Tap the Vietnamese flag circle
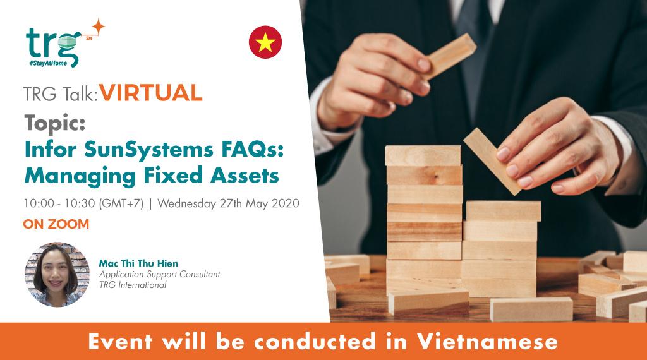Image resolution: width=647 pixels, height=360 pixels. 265,42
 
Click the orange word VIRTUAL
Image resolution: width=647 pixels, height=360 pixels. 151,93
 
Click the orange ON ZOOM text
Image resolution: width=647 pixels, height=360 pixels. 56,224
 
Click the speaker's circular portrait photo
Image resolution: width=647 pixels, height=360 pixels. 57,274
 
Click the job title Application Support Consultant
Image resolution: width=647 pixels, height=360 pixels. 159,274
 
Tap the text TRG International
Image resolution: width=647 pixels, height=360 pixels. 133,285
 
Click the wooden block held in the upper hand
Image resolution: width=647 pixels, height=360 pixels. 448,55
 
